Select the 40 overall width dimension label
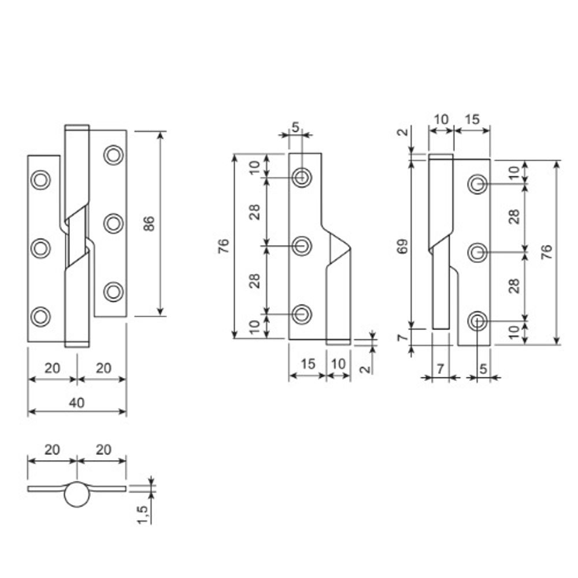point(77,403)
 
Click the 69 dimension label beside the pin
point(403,246)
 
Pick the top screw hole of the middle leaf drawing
point(301,177)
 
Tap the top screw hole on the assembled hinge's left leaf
point(40,179)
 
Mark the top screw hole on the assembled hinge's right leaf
point(113,155)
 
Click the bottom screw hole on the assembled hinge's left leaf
point(40,316)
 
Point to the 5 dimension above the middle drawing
point(296,127)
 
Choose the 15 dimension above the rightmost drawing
point(472,120)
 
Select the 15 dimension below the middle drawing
point(308,364)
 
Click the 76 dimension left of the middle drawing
point(225,246)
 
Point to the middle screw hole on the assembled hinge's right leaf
point(113,223)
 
